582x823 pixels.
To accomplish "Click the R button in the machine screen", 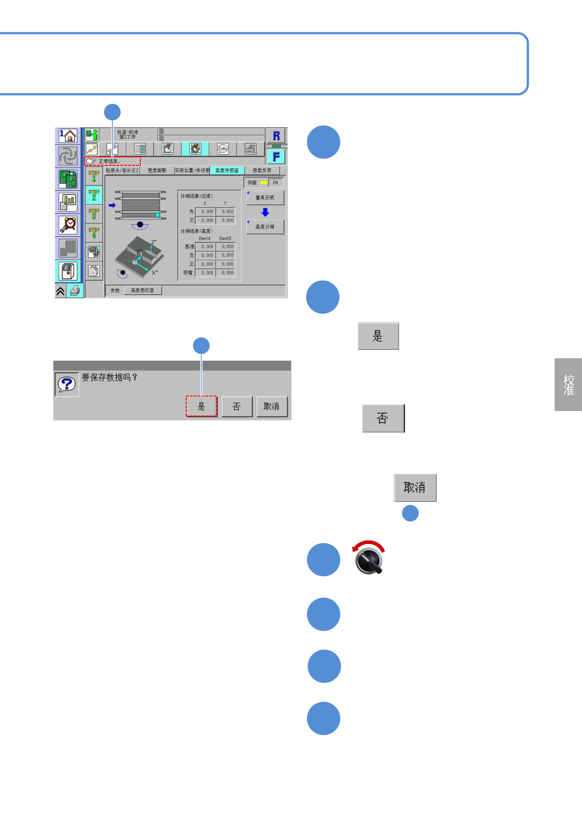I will tap(276, 136).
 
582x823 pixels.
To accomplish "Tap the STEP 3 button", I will tap(94, 214).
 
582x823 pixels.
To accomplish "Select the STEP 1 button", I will tap(94, 176).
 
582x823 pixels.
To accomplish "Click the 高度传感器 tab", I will tap(227, 171).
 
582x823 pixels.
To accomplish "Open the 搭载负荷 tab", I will tap(262, 171).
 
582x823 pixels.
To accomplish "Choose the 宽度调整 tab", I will tap(157, 171).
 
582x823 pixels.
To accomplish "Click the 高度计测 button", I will tap(265, 227).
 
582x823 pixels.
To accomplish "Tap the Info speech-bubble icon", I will tap(223, 149).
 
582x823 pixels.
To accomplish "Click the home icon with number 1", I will tap(68, 136).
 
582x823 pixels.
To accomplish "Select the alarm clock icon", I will tap(68, 225).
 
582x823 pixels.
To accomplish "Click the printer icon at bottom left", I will tap(75, 291).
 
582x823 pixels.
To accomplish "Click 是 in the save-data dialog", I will tap(201, 406).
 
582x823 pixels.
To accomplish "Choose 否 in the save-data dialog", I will tap(237, 406).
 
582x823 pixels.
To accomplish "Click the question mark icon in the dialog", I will tap(67, 384).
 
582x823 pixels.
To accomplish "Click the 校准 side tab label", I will tap(568, 385).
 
